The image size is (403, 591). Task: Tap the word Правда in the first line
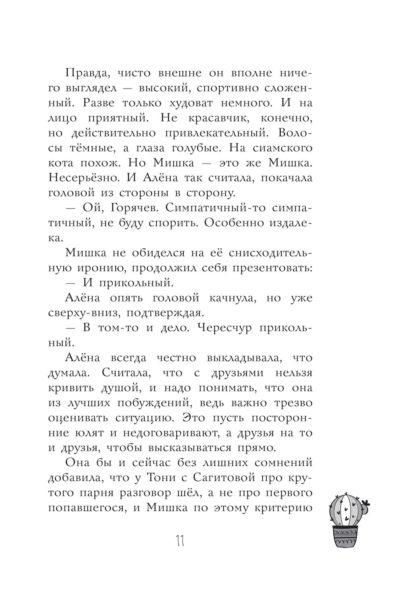[86, 74]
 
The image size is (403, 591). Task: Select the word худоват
[184, 103]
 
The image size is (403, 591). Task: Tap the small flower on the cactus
[366, 504]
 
